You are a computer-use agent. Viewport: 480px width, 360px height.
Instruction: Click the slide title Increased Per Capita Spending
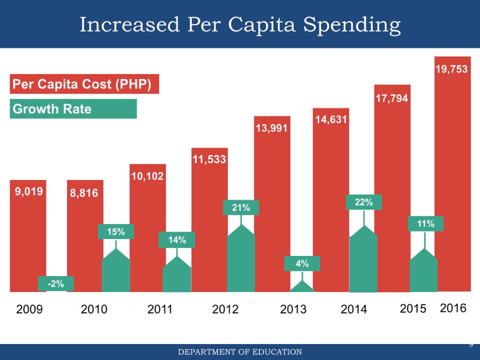(240, 24)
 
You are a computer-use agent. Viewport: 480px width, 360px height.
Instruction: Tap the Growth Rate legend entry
(73, 109)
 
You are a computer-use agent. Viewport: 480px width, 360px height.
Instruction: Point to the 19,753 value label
(451, 69)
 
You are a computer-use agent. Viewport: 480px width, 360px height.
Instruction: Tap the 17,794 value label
(391, 98)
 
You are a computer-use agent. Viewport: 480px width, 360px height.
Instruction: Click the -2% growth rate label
(55, 283)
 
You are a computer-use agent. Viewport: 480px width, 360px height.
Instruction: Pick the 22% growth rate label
(363, 202)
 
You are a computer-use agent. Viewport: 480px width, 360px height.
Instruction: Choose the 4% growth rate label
(302, 263)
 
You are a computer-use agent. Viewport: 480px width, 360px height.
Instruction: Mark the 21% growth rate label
(240, 207)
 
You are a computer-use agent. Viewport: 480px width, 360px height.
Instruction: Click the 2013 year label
(293, 309)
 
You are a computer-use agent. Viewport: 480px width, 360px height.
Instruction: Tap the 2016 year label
(453, 308)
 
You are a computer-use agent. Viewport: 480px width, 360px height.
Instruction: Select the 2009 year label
(29, 309)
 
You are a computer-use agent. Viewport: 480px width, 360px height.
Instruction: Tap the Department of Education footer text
(240, 352)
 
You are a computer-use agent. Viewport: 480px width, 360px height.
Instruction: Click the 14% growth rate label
(177, 240)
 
